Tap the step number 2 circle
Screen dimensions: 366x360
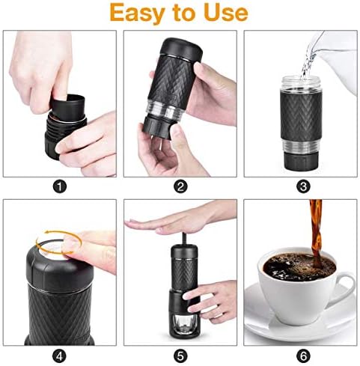[x=180, y=180]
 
